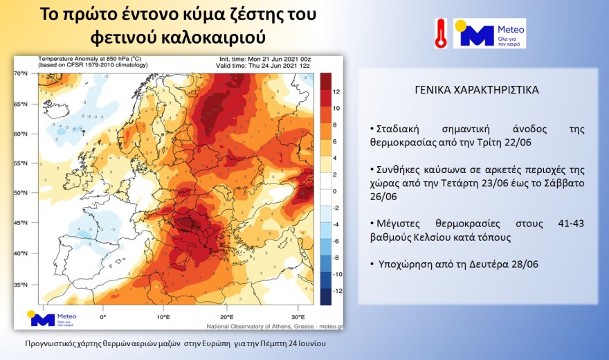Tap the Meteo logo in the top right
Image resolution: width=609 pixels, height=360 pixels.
[489, 33]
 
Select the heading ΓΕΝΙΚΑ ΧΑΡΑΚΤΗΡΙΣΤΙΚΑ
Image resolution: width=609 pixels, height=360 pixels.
[478, 91]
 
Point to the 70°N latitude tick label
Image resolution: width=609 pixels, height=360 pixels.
[21, 73]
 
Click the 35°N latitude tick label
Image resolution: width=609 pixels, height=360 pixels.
[21, 285]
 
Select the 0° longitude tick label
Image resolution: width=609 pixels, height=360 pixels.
[103, 317]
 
